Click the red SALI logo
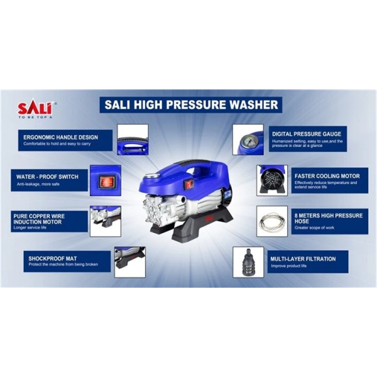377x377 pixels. point(35,108)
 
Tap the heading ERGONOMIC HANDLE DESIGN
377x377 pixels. point(60,137)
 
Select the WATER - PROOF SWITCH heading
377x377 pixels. point(47,177)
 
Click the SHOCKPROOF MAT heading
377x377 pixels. point(53,259)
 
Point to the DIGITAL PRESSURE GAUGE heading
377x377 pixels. point(307,134)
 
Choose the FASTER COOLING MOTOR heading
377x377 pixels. point(327,176)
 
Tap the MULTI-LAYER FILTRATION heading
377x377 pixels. point(303,259)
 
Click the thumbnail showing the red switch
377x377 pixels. point(106,180)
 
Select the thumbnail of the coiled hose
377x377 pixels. point(272,221)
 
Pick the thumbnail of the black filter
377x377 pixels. point(248,262)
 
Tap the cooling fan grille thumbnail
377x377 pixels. point(272,180)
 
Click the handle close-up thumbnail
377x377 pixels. point(133,139)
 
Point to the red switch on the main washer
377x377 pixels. point(188,184)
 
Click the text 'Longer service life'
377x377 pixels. point(30,227)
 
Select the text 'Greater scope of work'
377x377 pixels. point(314,227)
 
